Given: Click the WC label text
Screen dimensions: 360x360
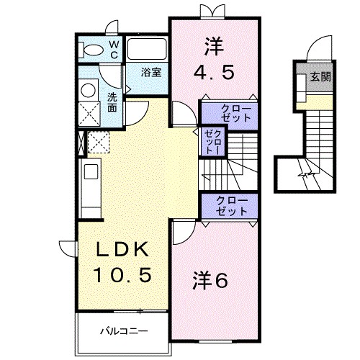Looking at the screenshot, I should click(114, 49).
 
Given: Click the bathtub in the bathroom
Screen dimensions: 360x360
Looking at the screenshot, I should click(148, 49).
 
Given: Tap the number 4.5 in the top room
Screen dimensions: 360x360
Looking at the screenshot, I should click(214, 73).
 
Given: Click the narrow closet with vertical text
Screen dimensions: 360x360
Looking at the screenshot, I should click(212, 141).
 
